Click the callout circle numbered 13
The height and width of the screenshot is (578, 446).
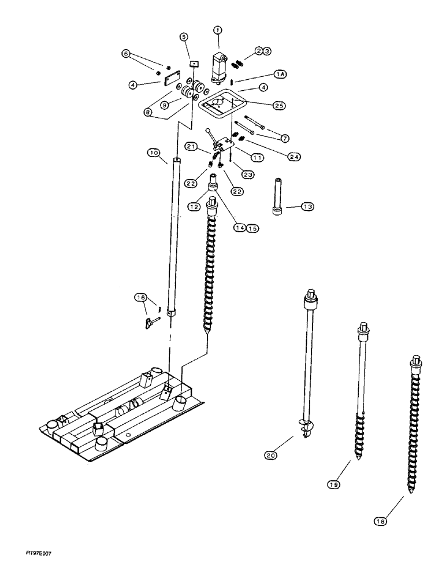tap(307, 206)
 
